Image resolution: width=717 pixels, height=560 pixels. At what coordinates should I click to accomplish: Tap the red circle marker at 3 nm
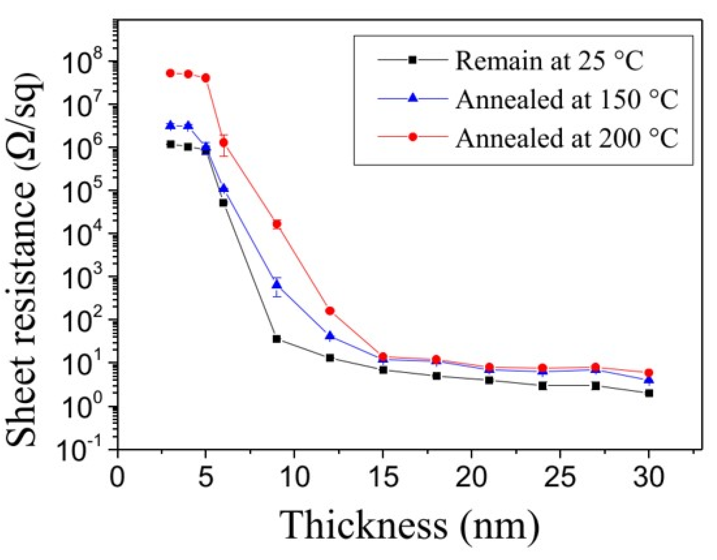pyautogui.click(x=170, y=73)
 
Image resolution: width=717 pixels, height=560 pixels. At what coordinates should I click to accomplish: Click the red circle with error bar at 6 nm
pyautogui.click(x=224, y=143)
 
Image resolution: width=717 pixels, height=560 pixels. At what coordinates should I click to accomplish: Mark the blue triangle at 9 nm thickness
pyautogui.click(x=277, y=284)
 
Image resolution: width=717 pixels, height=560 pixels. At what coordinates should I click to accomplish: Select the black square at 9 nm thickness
pyautogui.click(x=277, y=339)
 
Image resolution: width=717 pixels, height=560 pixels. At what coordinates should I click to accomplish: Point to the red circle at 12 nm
pyautogui.click(x=330, y=311)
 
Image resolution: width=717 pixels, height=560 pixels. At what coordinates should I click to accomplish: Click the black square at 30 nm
pyautogui.click(x=649, y=393)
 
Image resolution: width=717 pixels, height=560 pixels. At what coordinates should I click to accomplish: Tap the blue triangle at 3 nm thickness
pyautogui.click(x=170, y=126)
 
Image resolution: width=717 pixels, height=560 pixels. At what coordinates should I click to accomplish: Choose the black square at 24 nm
pyautogui.click(x=543, y=386)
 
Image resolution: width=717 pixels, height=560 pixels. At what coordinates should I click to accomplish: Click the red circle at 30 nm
pyautogui.click(x=649, y=373)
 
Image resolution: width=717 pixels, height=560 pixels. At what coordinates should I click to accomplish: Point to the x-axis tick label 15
pyautogui.click(x=383, y=477)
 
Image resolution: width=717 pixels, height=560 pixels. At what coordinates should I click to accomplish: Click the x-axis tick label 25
pyautogui.click(x=560, y=477)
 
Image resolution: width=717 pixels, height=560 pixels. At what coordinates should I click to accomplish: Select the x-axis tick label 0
pyautogui.click(x=118, y=477)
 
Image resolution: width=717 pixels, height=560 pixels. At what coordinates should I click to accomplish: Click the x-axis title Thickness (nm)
pyautogui.click(x=409, y=526)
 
